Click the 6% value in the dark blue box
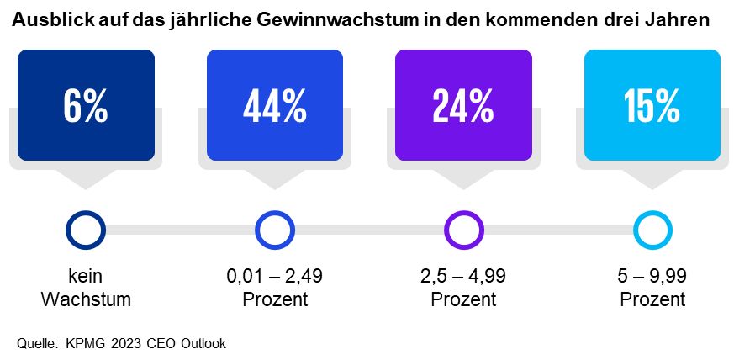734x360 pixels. [x=86, y=106]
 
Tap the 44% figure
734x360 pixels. [x=274, y=106]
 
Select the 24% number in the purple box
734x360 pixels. [x=463, y=106]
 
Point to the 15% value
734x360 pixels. [x=652, y=106]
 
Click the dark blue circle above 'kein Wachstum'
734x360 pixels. [x=86, y=230]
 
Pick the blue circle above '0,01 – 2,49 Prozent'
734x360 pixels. [x=275, y=230]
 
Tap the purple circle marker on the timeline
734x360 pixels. [x=463, y=230]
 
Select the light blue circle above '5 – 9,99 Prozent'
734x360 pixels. [x=652, y=230]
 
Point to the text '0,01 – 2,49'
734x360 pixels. [x=275, y=276]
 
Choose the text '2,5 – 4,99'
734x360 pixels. [x=463, y=276]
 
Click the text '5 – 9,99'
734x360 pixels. [x=652, y=276]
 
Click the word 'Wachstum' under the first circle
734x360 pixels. [x=86, y=299]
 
